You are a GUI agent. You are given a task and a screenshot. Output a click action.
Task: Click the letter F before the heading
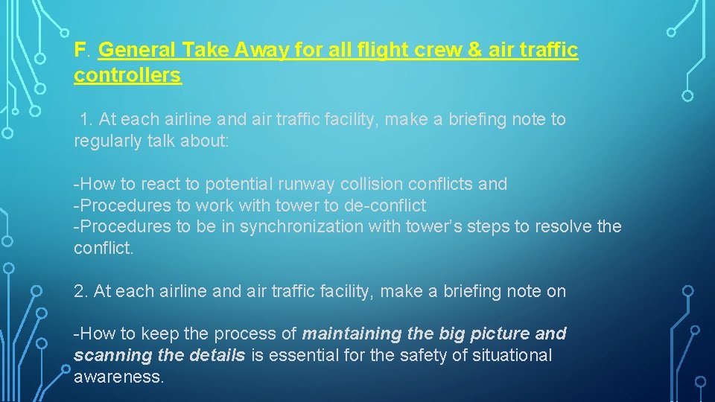(80, 50)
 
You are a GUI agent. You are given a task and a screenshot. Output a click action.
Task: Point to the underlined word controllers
(127, 75)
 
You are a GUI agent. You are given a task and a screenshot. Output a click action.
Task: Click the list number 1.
(85, 119)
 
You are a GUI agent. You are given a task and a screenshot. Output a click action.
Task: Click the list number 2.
(80, 291)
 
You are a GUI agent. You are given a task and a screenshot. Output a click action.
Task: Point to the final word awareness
(118, 377)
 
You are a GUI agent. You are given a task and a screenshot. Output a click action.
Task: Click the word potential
(238, 184)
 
